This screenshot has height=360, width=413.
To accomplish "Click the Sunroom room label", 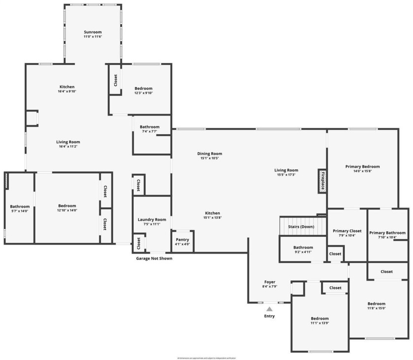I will point(93,31).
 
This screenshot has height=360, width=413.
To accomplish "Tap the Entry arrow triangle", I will point(269,309).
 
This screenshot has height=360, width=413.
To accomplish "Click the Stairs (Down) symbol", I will point(301,227).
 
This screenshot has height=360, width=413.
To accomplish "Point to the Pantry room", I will point(182,241).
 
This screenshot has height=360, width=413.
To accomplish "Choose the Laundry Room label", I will point(152,219).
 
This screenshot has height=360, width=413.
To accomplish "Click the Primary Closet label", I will point(348,231).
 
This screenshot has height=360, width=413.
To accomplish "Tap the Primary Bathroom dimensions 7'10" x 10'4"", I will point(387,238).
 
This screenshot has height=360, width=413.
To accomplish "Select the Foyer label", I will point(269,282).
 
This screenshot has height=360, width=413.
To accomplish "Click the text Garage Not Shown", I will point(154,258).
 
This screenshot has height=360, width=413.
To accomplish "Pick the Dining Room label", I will point(209,153).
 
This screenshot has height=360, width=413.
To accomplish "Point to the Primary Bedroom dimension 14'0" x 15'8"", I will point(362,171).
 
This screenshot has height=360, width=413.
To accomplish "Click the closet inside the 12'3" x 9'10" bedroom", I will point(116,80).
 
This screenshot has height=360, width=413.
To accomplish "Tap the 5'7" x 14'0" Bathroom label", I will point(20,207).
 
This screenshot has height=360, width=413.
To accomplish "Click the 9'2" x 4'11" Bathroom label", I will point(303,247).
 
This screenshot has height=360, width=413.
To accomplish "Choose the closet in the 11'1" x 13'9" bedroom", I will point(335,288).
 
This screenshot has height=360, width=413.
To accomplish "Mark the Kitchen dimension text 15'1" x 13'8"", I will point(212,217).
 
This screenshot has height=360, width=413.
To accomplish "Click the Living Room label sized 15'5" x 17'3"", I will point(286,170).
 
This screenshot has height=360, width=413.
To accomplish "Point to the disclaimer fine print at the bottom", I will point(206,358).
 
